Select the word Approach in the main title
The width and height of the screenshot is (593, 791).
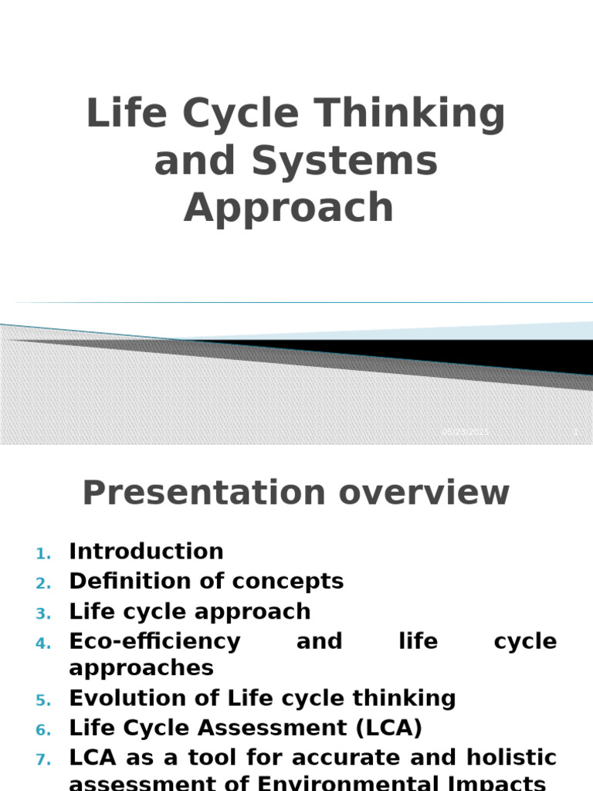point(289,208)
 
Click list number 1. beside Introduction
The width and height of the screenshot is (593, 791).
point(43,553)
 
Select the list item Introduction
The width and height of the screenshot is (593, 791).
point(146,552)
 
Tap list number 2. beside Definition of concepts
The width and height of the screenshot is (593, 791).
point(43,582)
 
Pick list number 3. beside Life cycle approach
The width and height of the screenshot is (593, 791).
point(43,613)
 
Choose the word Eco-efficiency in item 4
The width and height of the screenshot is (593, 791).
point(154,641)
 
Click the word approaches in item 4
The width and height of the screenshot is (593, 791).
point(141,667)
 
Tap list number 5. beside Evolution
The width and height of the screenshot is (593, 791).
point(43,700)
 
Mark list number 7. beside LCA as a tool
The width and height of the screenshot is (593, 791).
point(43,759)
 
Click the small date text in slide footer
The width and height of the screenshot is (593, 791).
point(465,433)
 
